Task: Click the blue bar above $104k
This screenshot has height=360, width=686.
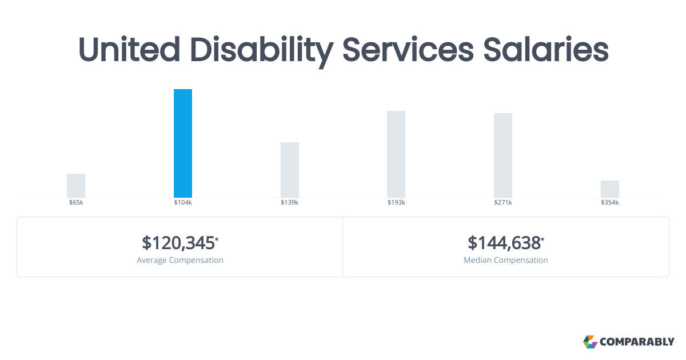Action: [183, 143]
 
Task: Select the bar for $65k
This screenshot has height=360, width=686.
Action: [76, 185]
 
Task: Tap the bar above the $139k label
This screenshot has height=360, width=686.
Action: [290, 170]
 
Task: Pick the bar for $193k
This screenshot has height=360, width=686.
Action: [396, 154]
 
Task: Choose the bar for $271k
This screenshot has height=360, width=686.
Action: [503, 155]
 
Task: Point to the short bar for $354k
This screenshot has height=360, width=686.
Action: [610, 189]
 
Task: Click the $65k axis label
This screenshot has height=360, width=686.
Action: [76, 203]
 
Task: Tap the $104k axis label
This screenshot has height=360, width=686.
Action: [183, 203]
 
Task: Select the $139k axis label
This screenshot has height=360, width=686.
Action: [290, 203]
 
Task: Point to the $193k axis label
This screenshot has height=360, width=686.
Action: [396, 203]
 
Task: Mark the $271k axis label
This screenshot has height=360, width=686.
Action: [503, 203]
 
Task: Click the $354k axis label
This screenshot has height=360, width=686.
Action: [610, 203]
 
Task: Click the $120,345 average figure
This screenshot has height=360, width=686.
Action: [178, 243]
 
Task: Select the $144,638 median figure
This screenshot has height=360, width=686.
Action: [504, 243]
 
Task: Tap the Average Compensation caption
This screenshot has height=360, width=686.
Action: [180, 260]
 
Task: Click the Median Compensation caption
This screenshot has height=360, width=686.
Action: [506, 260]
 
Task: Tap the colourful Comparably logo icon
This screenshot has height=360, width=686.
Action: [590, 342]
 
